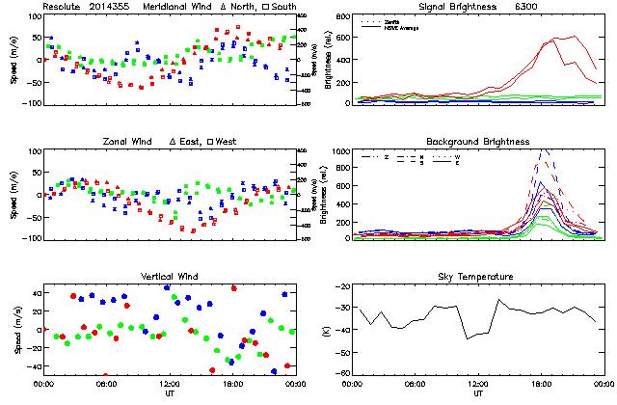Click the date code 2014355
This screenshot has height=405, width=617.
click(113, 7)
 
